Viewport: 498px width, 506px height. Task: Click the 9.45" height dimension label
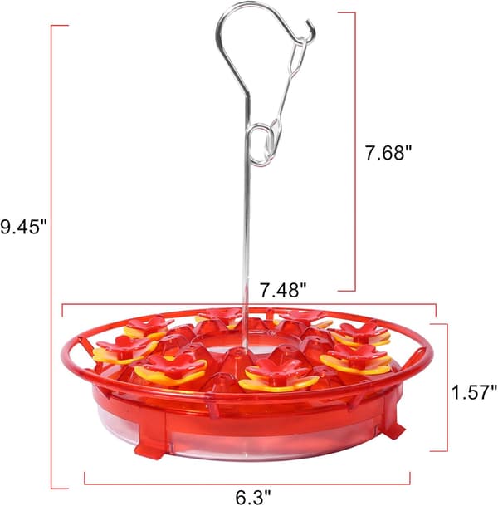(x=23, y=226)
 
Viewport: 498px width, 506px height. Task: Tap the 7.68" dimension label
(x=388, y=152)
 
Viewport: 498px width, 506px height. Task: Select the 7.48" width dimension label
(x=283, y=289)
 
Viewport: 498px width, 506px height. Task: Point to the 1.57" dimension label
(x=474, y=392)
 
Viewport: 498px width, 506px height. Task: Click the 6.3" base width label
(x=253, y=497)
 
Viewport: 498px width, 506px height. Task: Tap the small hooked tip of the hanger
(x=311, y=31)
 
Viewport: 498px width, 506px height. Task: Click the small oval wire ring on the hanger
(x=260, y=146)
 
